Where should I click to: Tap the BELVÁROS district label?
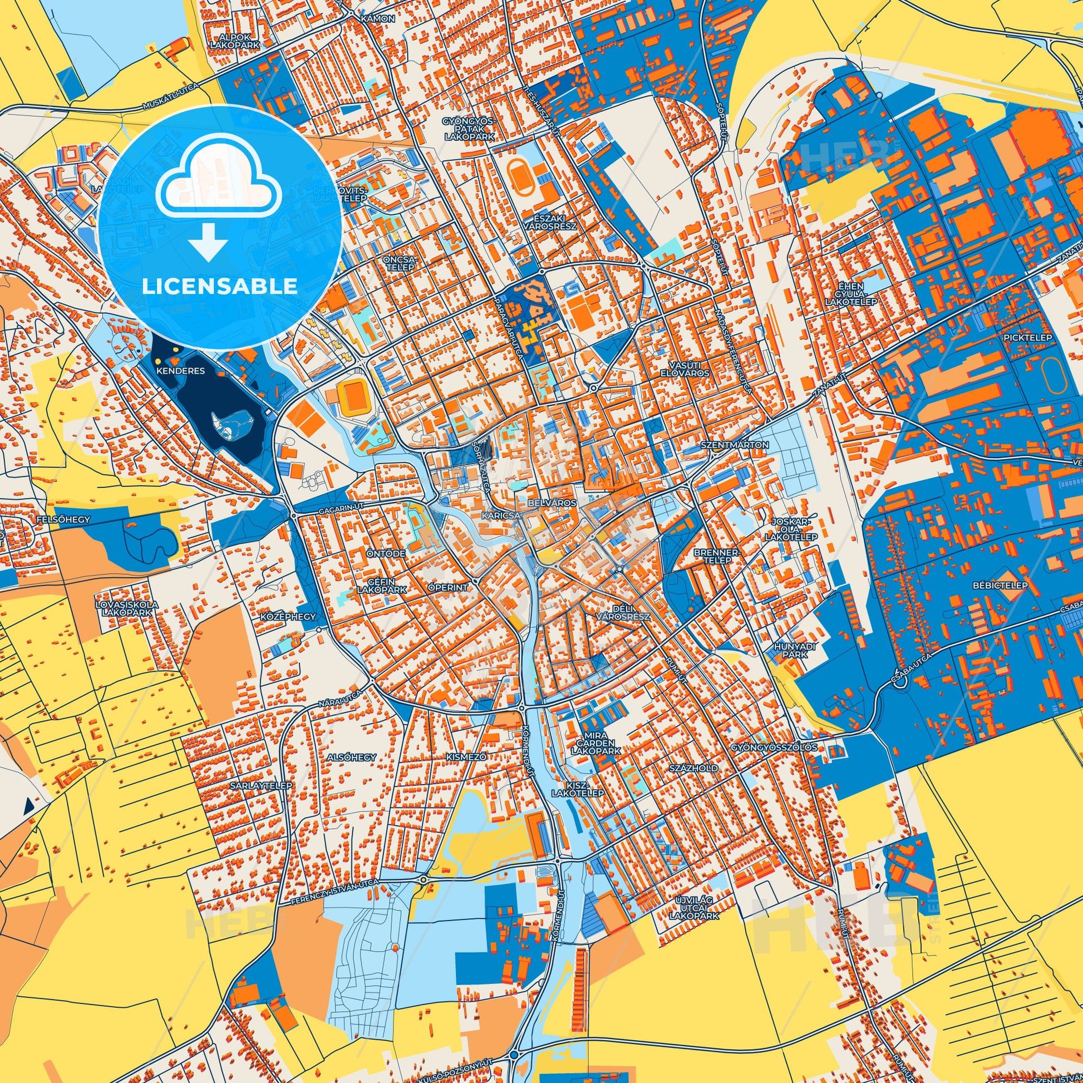(552, 503)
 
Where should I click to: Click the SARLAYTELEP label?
(260, 786)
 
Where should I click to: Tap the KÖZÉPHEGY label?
(288, 617)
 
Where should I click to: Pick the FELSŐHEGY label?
(63, 520)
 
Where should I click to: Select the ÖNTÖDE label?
(386, 553)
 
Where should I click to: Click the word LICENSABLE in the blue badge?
(219, 287)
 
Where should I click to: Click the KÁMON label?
(378, 19)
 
